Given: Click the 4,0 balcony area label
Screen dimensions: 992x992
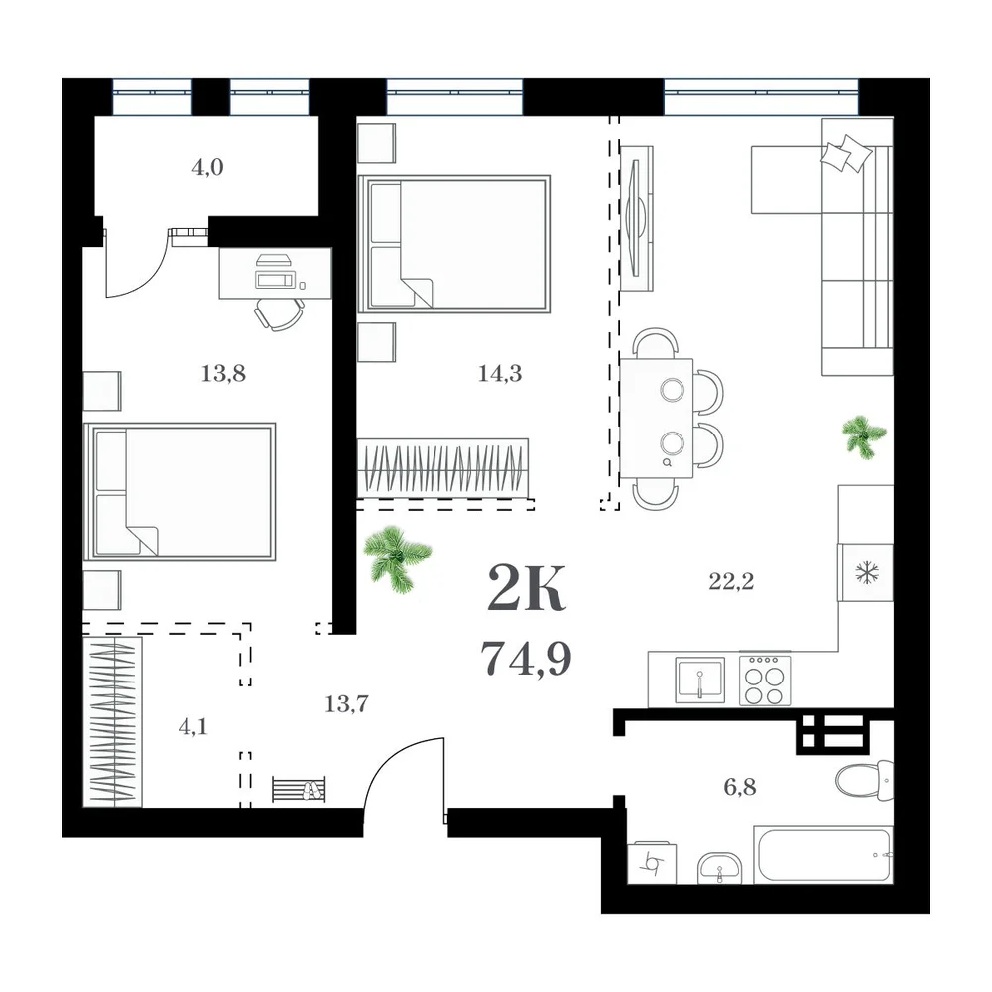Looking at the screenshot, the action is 207,167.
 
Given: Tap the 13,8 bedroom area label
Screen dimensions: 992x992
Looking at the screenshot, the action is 223,373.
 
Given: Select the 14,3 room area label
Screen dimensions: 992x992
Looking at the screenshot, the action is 500,373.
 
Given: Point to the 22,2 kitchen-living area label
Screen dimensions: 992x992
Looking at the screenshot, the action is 731,581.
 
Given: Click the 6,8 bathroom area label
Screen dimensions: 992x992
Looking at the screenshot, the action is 740,787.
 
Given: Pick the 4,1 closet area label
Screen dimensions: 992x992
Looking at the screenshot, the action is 193,727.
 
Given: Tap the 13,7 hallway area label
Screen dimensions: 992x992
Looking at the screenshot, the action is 346,703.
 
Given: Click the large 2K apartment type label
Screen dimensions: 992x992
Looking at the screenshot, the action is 527,589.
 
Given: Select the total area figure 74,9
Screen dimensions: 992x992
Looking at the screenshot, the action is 527,659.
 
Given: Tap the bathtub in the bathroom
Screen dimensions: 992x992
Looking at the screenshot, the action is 823,854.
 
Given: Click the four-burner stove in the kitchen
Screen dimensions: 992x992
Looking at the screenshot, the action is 764,681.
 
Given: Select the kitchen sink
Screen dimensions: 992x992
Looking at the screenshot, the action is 699,681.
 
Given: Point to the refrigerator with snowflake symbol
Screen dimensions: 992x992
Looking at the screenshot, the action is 865,572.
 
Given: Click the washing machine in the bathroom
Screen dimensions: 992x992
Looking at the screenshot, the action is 652,863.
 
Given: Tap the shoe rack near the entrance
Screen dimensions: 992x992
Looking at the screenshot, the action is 299,789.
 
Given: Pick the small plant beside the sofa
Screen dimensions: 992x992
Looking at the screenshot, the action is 864,435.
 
